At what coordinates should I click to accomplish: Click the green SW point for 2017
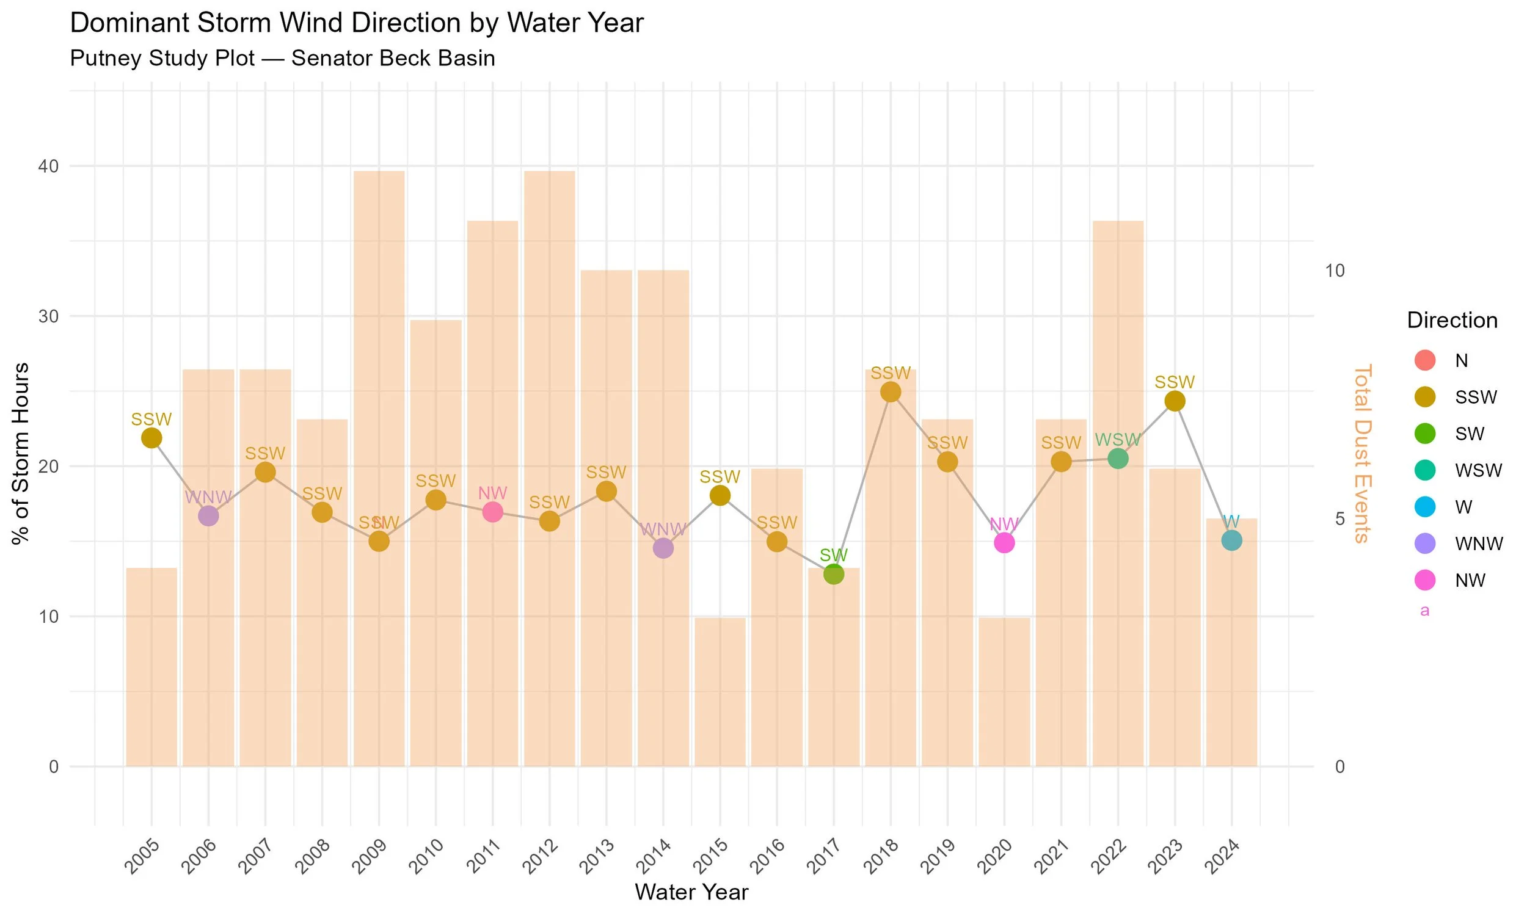coord(833,573)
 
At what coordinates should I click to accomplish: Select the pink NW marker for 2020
coord(1004,542)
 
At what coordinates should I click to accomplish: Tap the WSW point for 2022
coord(1117,458)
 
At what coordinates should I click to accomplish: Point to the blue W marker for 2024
coord(1231,540)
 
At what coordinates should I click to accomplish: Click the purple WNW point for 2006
coord(208,515)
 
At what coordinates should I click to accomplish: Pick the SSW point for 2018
coord(890,391)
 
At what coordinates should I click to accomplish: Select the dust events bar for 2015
coord(720,691)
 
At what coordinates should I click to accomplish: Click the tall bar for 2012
coord(549,469)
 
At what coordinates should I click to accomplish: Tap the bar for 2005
coord(151,667)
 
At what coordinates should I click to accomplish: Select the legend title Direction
coord(1452,320)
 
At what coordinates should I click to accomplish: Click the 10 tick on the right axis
coord(1335,271)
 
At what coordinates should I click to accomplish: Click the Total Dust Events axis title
coord(1361,454)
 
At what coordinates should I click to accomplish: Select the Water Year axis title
coord(691,892)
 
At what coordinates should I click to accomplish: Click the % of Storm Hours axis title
coord(21,454)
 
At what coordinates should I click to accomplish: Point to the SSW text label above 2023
coord(1174,382)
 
